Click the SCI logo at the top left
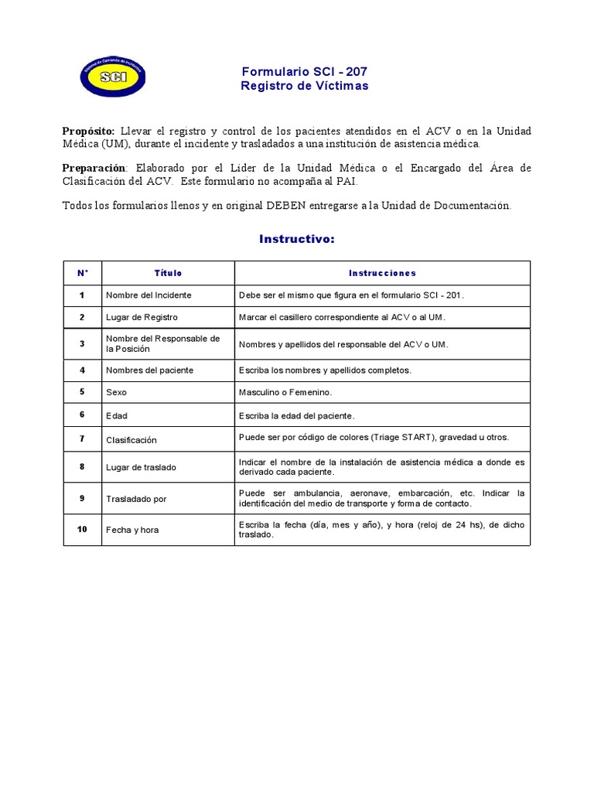[113, 76]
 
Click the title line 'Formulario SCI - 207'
[304, 72]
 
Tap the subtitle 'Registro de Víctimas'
[304, 86]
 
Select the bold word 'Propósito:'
[88, 131]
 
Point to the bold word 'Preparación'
[93, 168]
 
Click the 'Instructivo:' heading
[297, 240]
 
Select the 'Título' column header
[168, 273]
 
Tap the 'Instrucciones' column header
[382, 273]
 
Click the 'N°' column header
[83, 273]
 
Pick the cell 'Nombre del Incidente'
[148, 295]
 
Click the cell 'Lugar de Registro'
[142, 317]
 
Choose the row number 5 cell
[82, 392]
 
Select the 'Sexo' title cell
[116, 393]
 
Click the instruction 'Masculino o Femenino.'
[285, 393]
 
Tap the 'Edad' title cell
[117, 416]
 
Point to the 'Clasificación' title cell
[131, 440]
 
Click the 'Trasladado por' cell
[136, 499]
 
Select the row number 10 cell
[82, 530]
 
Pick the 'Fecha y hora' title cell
[132, 531]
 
